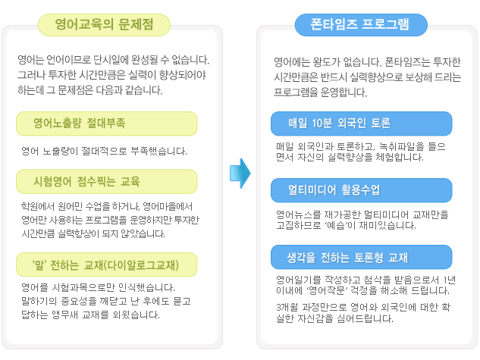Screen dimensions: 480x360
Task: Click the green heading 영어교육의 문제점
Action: (x=104, y=25)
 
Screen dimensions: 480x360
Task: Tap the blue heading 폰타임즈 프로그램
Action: (x=361, y=25)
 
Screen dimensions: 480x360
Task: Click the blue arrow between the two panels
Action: (x=240, y=173)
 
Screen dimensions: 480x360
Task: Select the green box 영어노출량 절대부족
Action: (x=106, y=124)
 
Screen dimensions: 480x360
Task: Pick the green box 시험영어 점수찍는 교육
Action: (x=106, y=182)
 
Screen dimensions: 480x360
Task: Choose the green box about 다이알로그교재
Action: (x=106, y=265)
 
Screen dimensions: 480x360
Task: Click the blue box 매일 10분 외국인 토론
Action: (x=361, y=124)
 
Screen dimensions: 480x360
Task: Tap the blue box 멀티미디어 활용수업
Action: (x=361, y=190)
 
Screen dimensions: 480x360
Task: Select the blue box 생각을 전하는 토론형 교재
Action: (x=361, y=257)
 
